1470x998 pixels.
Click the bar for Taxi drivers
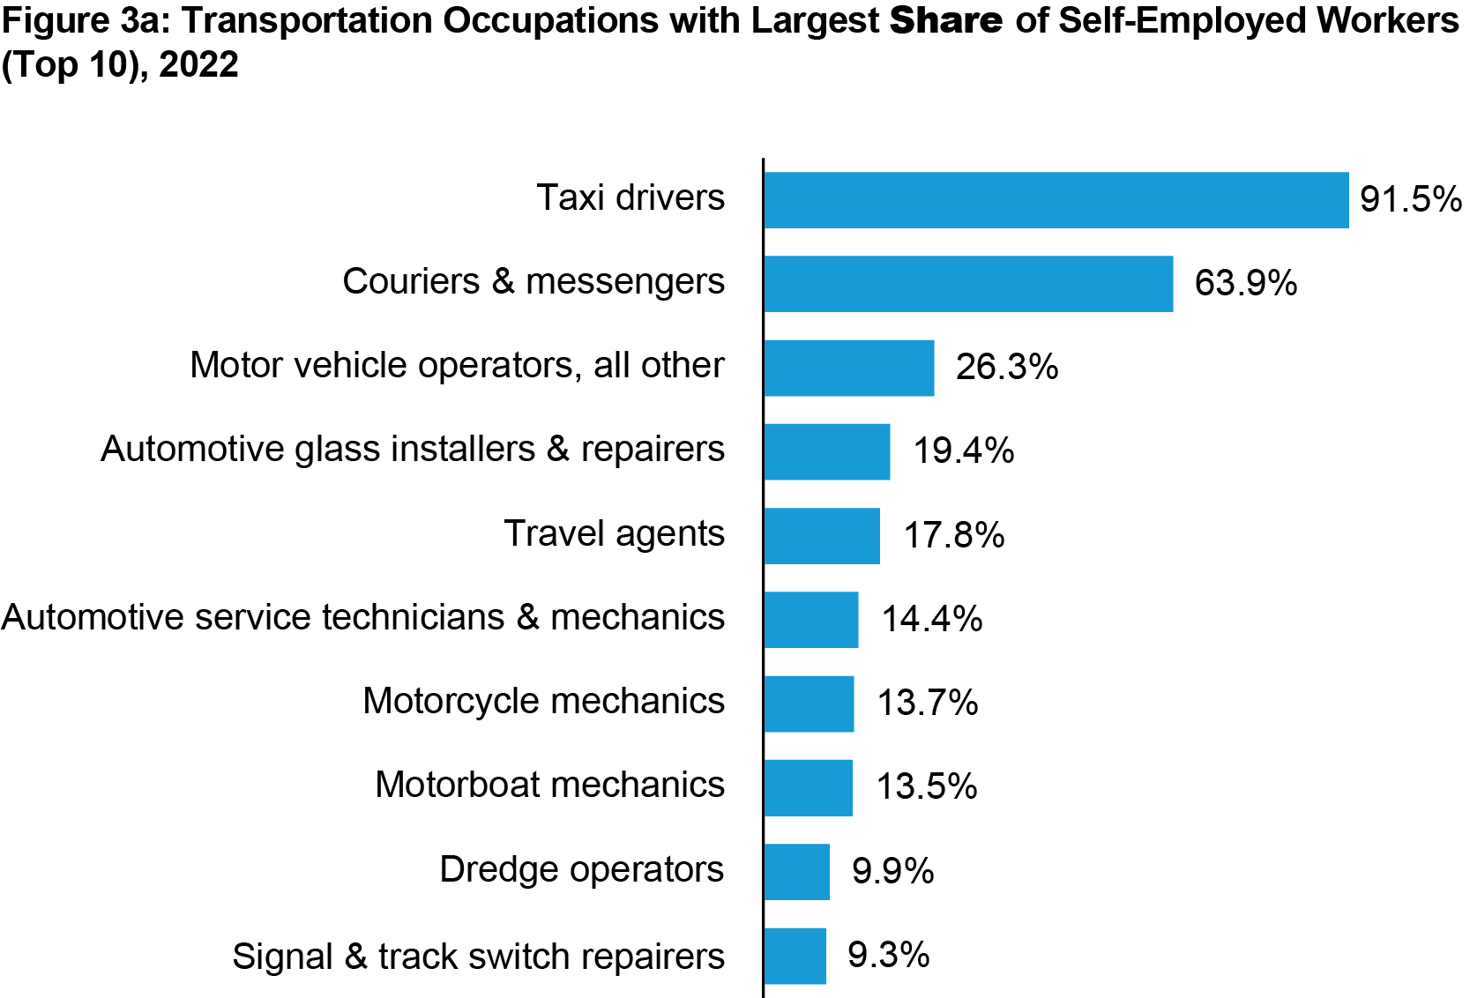pos(1056,200)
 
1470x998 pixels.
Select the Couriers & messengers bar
pos(968,284)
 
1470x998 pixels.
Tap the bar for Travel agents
pos(822,536)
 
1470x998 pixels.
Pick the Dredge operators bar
pos(797,872)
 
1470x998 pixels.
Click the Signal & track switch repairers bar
pos(795,956)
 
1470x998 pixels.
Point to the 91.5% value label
pos(1410,199)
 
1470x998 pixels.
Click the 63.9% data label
pos(1245,283)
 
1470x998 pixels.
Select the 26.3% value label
pos(1006,367)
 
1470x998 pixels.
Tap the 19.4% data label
pos(963,451)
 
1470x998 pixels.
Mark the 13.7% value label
pos(927,703)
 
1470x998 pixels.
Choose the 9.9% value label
pos(892,871)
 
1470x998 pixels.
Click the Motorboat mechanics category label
pos(549,785)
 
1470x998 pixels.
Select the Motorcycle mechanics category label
pos(543,701)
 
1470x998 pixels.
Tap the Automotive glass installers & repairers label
pos(413,449)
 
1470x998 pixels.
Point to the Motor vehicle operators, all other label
pos(457,365)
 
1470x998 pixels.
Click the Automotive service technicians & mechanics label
pos(363,617)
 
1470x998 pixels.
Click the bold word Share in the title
pos(945,20)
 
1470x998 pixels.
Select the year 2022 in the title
pos(198,64)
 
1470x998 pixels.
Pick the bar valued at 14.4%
pos(811,620)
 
